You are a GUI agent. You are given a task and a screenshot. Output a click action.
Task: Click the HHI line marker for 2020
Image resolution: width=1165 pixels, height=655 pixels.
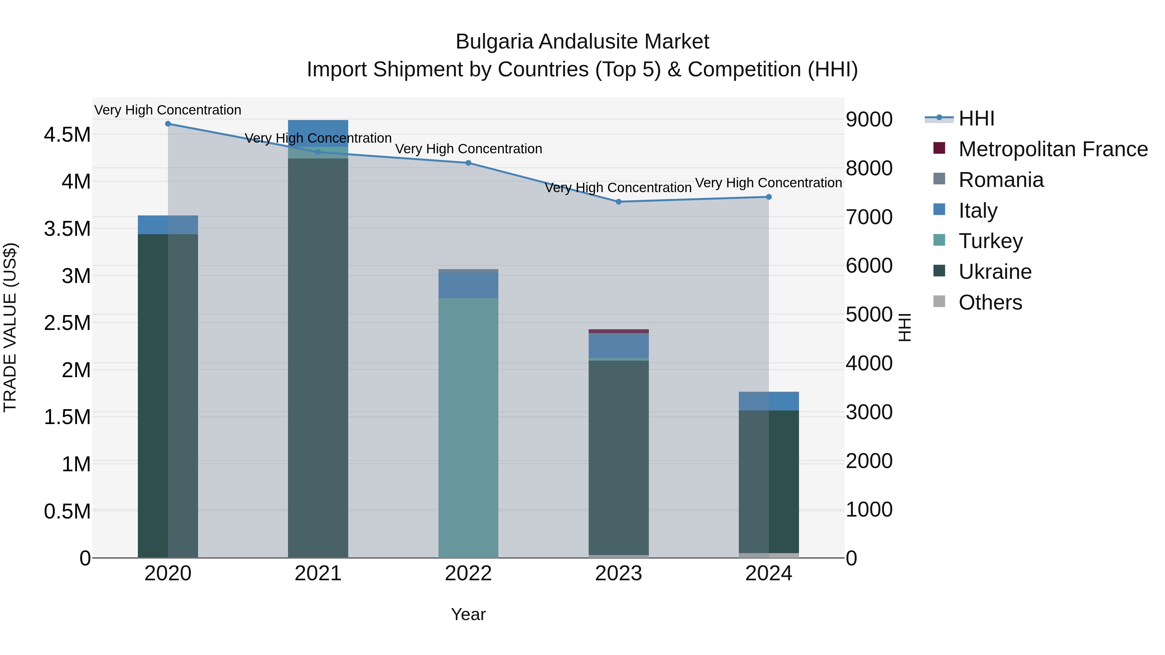tap(168, 124)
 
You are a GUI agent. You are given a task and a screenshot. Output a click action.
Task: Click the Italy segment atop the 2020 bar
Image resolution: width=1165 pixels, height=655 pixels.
tap(168, 225)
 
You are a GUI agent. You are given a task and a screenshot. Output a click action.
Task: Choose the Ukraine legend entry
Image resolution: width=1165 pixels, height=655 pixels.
tap(995, 272)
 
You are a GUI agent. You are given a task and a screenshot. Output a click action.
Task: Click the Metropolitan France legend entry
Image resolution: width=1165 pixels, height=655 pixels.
tap(1053, 149)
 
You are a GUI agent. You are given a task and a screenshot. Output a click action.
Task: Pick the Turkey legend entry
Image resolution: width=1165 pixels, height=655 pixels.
tap(991, 241)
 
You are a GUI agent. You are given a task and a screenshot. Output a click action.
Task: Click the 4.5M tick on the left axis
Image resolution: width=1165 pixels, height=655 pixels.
tap(67, 135)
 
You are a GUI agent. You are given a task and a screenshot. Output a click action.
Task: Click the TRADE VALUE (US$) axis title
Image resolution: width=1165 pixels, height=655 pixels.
tap(10, 327)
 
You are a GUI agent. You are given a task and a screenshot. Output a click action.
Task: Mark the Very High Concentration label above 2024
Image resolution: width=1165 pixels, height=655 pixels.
tap(768, 183)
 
